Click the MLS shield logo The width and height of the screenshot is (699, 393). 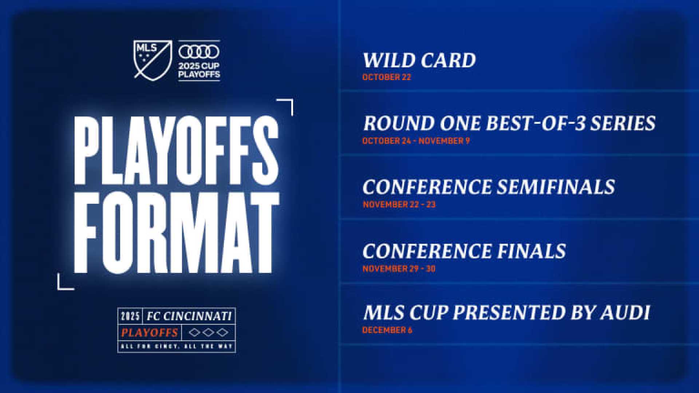pos(152,59)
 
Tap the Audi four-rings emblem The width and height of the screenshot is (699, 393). pos(199,52)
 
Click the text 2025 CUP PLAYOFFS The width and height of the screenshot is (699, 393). pos(199,70)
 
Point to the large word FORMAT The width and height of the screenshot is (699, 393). pos(176,233)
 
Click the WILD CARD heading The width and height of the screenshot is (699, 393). pos(419,60)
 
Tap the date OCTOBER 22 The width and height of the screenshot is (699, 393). pos(386,77)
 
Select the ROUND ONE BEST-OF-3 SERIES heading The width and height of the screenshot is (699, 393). pos(509,123)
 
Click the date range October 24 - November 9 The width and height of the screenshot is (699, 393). pos(416,141)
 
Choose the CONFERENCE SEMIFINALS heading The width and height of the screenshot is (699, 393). pos(489,187)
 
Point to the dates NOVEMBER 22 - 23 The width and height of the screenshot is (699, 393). pos(399,205)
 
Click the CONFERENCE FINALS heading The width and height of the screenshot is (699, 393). pos(464,251)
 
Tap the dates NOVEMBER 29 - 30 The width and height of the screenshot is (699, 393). pos(399,269)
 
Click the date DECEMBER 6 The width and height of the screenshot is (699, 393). pos(387,330)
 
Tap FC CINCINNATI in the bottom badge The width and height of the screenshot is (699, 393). pos(189,316)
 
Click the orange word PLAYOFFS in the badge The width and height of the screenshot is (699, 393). pos(149,333)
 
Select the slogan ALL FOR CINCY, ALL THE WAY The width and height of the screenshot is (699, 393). pos(177,346)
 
